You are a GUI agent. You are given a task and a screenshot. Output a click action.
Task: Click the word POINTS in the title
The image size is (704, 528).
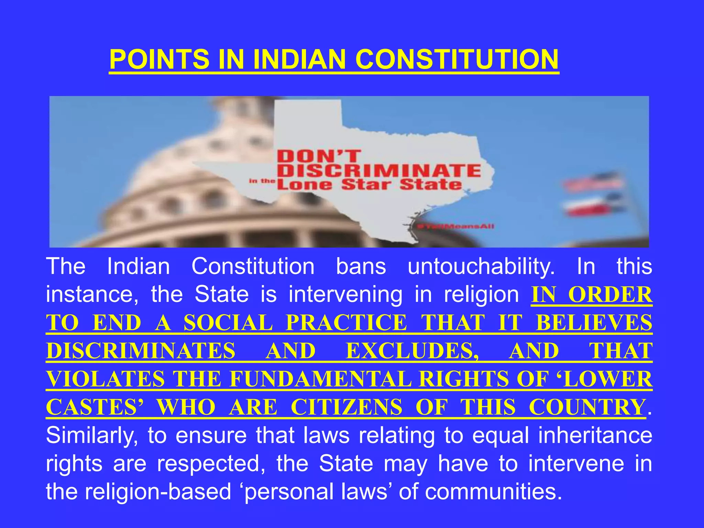pos(159,59)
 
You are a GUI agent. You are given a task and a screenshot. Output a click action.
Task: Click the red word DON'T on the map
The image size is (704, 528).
pos(319,157)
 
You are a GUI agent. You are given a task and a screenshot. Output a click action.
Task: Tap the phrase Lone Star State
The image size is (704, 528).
pos(370,185)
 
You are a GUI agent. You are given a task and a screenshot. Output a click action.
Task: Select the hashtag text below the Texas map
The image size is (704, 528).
pos(455,226)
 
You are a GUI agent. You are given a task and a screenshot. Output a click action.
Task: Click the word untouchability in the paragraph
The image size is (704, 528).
pos(481,266)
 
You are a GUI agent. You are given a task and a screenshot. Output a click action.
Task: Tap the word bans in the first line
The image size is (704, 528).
pos(361,266)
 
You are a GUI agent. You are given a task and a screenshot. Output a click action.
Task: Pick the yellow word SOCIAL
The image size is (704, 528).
pos(228,323)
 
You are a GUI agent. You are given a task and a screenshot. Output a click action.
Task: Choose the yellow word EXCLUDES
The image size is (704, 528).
pos(412,351)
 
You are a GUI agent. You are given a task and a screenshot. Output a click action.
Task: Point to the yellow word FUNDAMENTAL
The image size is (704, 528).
pos(320,379)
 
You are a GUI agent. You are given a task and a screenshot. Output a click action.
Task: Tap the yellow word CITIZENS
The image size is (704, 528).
pos(346,407)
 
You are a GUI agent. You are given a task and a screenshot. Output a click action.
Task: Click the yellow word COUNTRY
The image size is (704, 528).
pos(587,407)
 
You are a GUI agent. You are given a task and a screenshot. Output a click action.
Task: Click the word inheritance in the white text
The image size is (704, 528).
pos(595,436)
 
